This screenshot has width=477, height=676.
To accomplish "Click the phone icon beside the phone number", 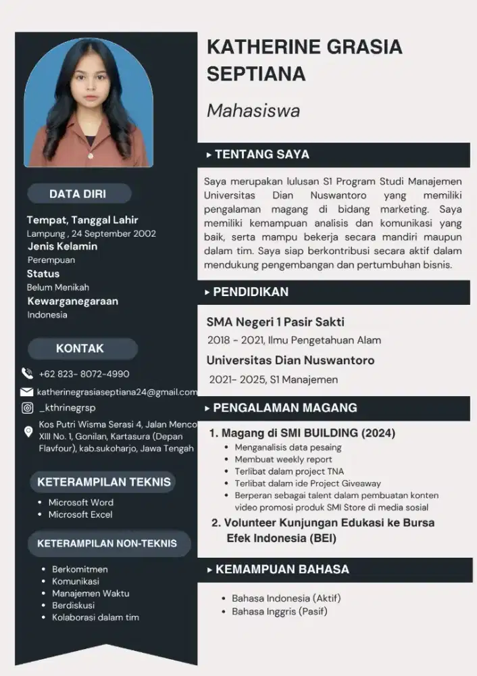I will [27, 373].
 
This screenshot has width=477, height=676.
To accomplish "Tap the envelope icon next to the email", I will [27, 391].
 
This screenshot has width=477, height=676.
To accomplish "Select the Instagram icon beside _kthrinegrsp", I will [27, 408].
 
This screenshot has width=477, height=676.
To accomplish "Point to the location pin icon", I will [28, 431].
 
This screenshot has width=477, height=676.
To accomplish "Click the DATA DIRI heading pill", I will [78, 194].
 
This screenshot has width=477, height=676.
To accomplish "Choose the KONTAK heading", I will [80, 348].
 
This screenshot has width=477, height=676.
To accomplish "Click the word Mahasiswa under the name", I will [253, 110].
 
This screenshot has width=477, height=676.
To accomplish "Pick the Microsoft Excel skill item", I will [80, 514].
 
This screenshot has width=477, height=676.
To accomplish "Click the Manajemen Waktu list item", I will [91, 593].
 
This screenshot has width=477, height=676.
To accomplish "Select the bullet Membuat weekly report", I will [283, 459].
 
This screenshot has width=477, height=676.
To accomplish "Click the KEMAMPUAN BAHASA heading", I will [282, 569].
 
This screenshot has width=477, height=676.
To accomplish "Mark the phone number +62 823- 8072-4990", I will [84, 374].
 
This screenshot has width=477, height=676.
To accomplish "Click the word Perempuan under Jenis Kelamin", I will [51, 260].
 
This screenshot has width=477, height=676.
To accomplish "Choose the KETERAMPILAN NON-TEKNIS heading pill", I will [107, 544].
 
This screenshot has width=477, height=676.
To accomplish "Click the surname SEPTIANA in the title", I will [256, 74].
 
